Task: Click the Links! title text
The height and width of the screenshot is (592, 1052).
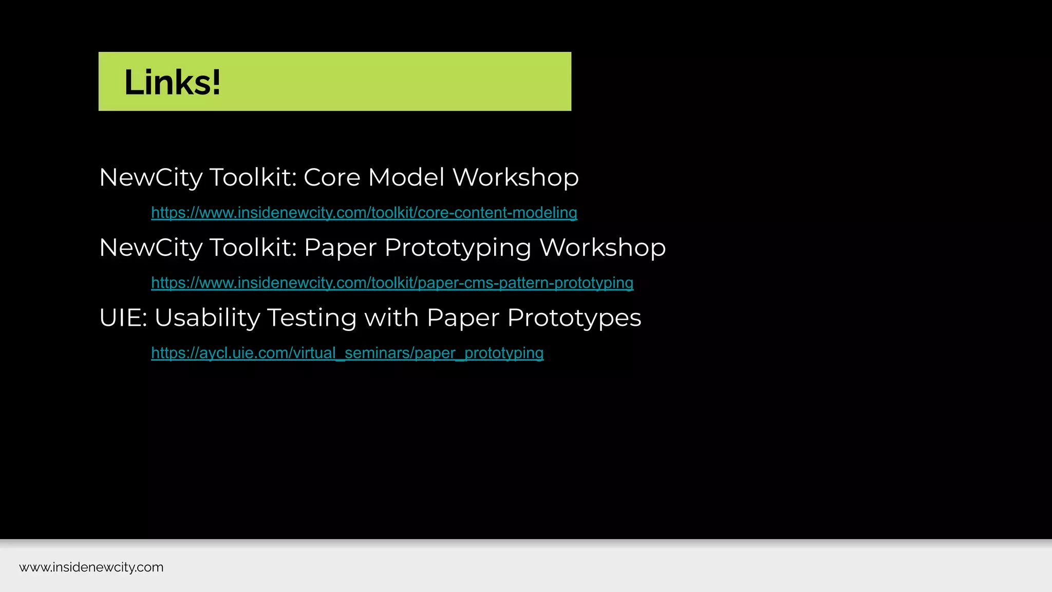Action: (173, 82)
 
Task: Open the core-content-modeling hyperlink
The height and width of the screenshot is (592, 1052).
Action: (364, 212)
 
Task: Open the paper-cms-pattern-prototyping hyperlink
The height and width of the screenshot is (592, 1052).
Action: (392, 283)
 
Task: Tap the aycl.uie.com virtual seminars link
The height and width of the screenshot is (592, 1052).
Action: (347, 353)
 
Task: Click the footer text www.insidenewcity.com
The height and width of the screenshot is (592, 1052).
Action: (91, 567)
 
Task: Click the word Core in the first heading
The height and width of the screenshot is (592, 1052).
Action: (332, 177)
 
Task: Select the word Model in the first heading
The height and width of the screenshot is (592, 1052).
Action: (406, 177)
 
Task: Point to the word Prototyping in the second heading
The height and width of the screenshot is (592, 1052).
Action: (458, 248)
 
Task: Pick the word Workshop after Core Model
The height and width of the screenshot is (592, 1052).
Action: (515, 177)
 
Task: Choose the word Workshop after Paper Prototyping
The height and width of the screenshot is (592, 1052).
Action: (603, 248)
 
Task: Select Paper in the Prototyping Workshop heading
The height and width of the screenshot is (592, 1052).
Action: (340, 248)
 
